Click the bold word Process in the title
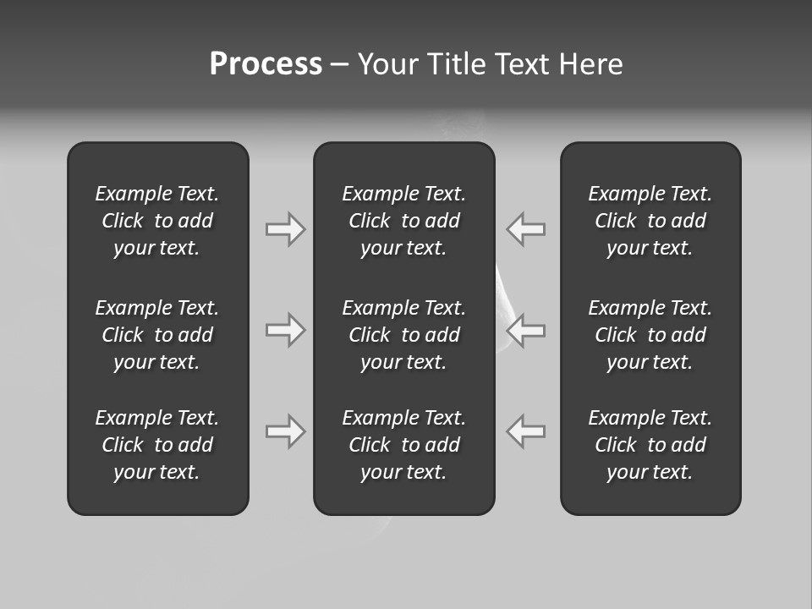[266, 64]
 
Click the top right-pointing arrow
[285, 228]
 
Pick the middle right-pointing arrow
[285, 329]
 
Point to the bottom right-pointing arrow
[285, 431]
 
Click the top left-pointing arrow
[526, 228]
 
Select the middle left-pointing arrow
[526, 329]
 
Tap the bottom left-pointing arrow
[526, 431]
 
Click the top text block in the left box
[157, 221]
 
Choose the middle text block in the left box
[157, 335]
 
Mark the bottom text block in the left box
[157, 445]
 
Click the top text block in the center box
[403, 221]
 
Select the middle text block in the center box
[403, 335]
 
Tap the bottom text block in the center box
[403, 445]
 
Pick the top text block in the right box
[650, 221]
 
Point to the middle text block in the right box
[650, 335]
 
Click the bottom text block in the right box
[650, 445]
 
